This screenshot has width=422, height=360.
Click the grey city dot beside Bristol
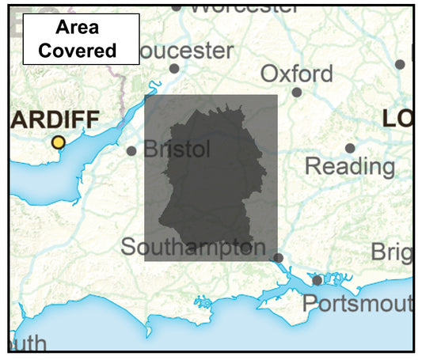(131, 150)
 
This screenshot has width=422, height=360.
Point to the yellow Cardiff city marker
(58, 142)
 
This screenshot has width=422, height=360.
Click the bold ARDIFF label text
(55, 121)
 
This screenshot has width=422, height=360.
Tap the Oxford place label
(297, 74)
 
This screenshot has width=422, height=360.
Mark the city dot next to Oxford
(297, 92)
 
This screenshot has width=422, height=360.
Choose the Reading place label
(349, 166)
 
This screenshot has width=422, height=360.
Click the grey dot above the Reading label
(350, 148)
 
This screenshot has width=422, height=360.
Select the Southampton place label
(193, 247)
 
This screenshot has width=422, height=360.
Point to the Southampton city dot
(278, 257)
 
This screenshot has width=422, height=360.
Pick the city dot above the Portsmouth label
(317, 280)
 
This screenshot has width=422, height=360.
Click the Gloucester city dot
(174, 69)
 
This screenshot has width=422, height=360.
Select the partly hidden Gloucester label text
(187, 51)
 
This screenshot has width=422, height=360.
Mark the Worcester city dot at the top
(176, 8)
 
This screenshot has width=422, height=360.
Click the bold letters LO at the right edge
(397, 119)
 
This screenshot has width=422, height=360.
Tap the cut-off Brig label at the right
(392, 252)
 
